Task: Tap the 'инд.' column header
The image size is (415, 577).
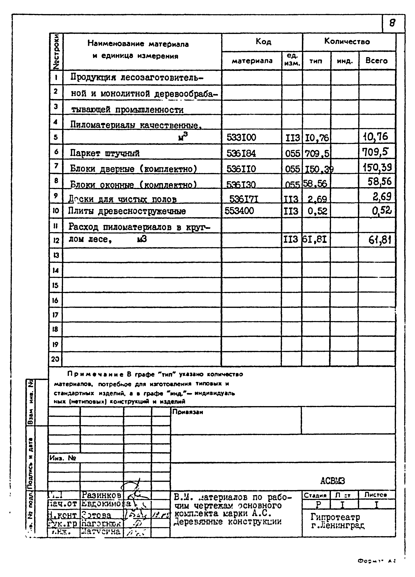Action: pos(345,61)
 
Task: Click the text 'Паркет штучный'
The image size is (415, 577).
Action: pos(105,153)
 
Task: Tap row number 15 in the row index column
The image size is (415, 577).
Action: pos(56,285)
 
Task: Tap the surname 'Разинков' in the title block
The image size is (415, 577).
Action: pos(101,495)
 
